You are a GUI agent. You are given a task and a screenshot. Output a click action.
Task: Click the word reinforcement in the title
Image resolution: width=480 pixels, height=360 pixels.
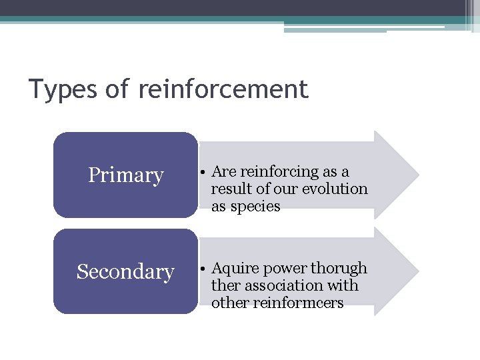[x=223, y=89]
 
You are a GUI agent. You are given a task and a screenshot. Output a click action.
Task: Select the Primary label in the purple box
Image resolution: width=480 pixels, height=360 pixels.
[x=126, y=175]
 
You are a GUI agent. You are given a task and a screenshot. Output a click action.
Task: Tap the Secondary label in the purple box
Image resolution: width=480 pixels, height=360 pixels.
[x=125, y=272]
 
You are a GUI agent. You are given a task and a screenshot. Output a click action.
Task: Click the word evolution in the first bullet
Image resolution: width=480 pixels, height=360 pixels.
[x=335, y=189]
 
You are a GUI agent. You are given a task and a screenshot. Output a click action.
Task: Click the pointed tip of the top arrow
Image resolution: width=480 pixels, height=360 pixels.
[x=417, y=175]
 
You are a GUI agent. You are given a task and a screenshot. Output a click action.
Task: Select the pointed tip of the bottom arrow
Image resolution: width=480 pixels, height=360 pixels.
[x=417, y=271]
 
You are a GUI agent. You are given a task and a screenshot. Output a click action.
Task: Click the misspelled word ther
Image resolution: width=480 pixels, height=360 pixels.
[x=225, y=285]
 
